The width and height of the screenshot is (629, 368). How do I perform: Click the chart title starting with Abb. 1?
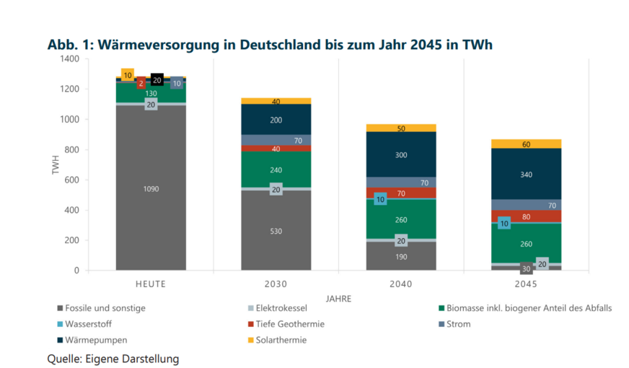[270, 44]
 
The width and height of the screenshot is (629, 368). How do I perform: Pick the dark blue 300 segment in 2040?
[401, 154]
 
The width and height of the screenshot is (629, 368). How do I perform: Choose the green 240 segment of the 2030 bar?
[276, 170]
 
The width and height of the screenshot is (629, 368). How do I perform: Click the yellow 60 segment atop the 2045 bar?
[526, 144]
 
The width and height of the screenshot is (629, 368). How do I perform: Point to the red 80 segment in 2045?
[526, 216]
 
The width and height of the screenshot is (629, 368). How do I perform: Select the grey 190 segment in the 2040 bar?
[401, 256]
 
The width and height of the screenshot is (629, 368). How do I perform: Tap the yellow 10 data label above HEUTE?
[128, 75]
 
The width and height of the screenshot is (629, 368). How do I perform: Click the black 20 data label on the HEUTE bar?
[157, 80]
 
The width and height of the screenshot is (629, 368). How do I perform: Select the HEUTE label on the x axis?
[151, 284]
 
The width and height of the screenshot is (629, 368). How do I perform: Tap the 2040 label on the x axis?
[401, 284]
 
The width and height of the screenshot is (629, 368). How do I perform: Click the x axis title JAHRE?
[338, 297]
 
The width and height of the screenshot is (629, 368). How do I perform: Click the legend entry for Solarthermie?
[281, 340]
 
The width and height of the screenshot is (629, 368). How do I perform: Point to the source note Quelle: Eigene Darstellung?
[113, 359]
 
